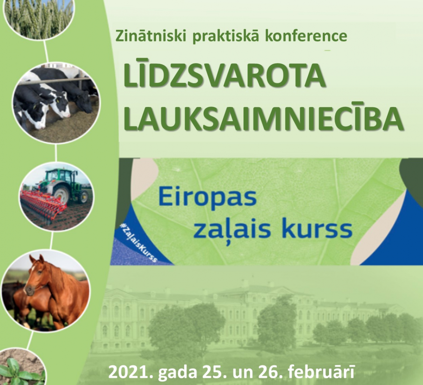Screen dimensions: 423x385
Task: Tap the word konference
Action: tap(306, 36)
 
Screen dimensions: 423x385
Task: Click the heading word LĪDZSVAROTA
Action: tap(224, 74)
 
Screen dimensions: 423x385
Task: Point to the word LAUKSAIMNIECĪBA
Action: tap(264, 118)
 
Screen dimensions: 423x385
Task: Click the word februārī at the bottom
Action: tap(321, 372)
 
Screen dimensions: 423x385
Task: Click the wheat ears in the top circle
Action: tap(40, 16)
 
